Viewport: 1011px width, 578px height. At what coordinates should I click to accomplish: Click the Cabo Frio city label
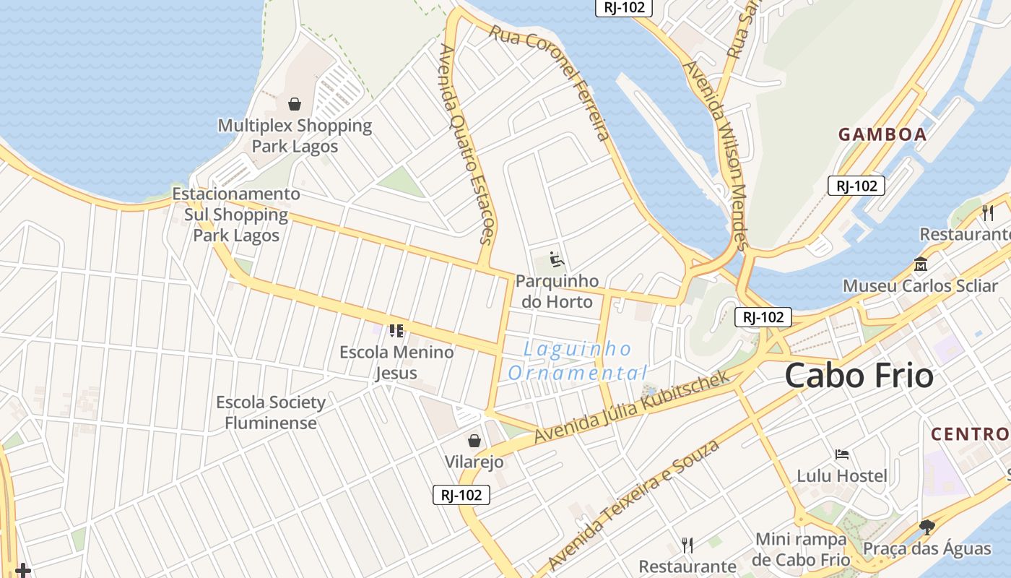[859, 376]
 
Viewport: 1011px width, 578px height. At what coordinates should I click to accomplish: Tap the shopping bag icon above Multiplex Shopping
[294, 104]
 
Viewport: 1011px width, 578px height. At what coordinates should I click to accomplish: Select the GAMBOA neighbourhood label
[882, 134]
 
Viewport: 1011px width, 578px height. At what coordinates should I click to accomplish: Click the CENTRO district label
[970, 434]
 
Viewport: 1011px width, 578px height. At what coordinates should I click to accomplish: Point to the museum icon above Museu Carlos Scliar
[920, 264]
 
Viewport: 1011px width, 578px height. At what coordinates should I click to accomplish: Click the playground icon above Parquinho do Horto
[556, 259]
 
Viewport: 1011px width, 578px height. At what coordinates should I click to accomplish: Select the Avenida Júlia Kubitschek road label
[633, 407]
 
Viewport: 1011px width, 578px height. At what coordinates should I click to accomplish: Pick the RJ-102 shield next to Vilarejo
[461, 495]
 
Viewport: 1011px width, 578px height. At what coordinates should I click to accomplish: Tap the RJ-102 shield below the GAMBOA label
[856, 186]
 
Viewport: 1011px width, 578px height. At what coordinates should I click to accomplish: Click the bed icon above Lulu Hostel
[841, 454]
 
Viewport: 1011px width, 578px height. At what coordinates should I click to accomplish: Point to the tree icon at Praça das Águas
[927, 527]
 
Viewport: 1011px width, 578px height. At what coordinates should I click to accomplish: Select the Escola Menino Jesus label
[396, 362]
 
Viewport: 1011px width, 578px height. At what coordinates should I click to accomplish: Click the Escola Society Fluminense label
[271, 413]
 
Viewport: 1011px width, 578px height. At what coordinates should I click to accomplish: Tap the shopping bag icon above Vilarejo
[474, 440]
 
